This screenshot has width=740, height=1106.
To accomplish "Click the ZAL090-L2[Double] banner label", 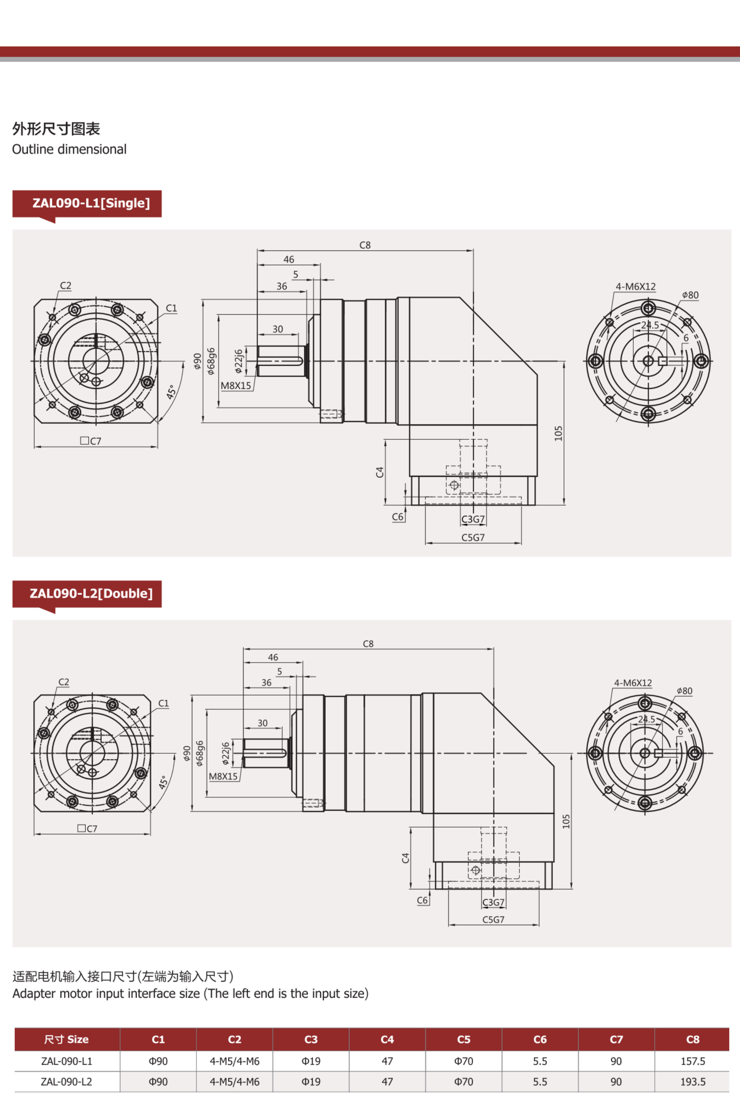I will (91, 593).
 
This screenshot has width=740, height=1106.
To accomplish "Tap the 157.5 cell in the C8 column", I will (692, 1061).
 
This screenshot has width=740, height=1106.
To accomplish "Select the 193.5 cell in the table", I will (692, 1082).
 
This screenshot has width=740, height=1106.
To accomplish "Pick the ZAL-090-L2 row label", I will (66, 1082).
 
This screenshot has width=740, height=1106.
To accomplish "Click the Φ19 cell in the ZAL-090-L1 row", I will (311, 1061).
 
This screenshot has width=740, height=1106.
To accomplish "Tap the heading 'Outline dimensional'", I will (69, 150).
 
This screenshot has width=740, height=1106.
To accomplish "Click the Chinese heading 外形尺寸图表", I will (56, 129).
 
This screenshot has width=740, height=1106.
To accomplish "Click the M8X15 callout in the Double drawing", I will (223, 776).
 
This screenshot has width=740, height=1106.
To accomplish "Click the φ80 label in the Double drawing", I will (684, 691).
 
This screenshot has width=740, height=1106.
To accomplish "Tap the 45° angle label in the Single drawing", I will (171, 392).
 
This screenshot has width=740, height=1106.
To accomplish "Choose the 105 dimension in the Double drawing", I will (566, 821).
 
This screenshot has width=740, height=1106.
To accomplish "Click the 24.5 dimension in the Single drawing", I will (650, 325).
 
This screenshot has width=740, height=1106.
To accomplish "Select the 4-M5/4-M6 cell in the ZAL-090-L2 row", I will (235, 1082).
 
